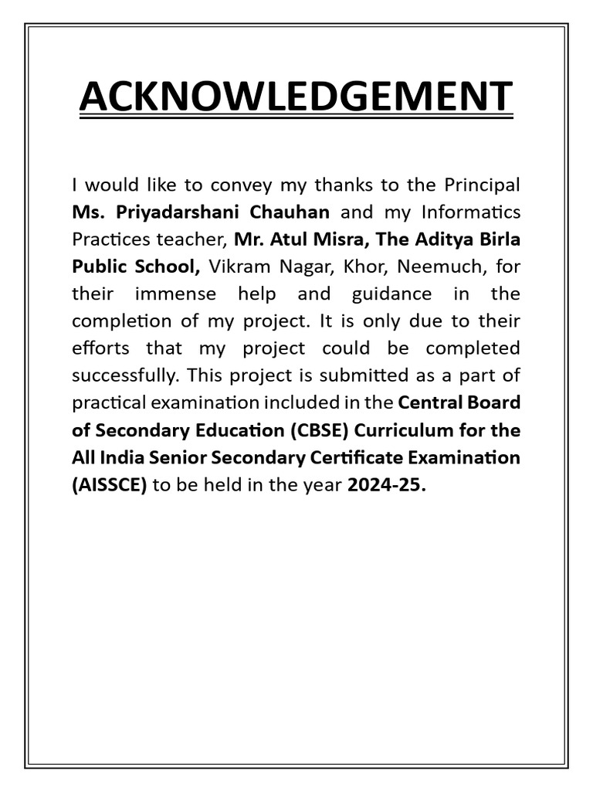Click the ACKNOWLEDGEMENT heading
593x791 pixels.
click(296, 97)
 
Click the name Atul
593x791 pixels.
click(290, 239)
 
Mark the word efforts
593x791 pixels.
click(101, 348)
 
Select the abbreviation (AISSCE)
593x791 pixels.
click(109, 484)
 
